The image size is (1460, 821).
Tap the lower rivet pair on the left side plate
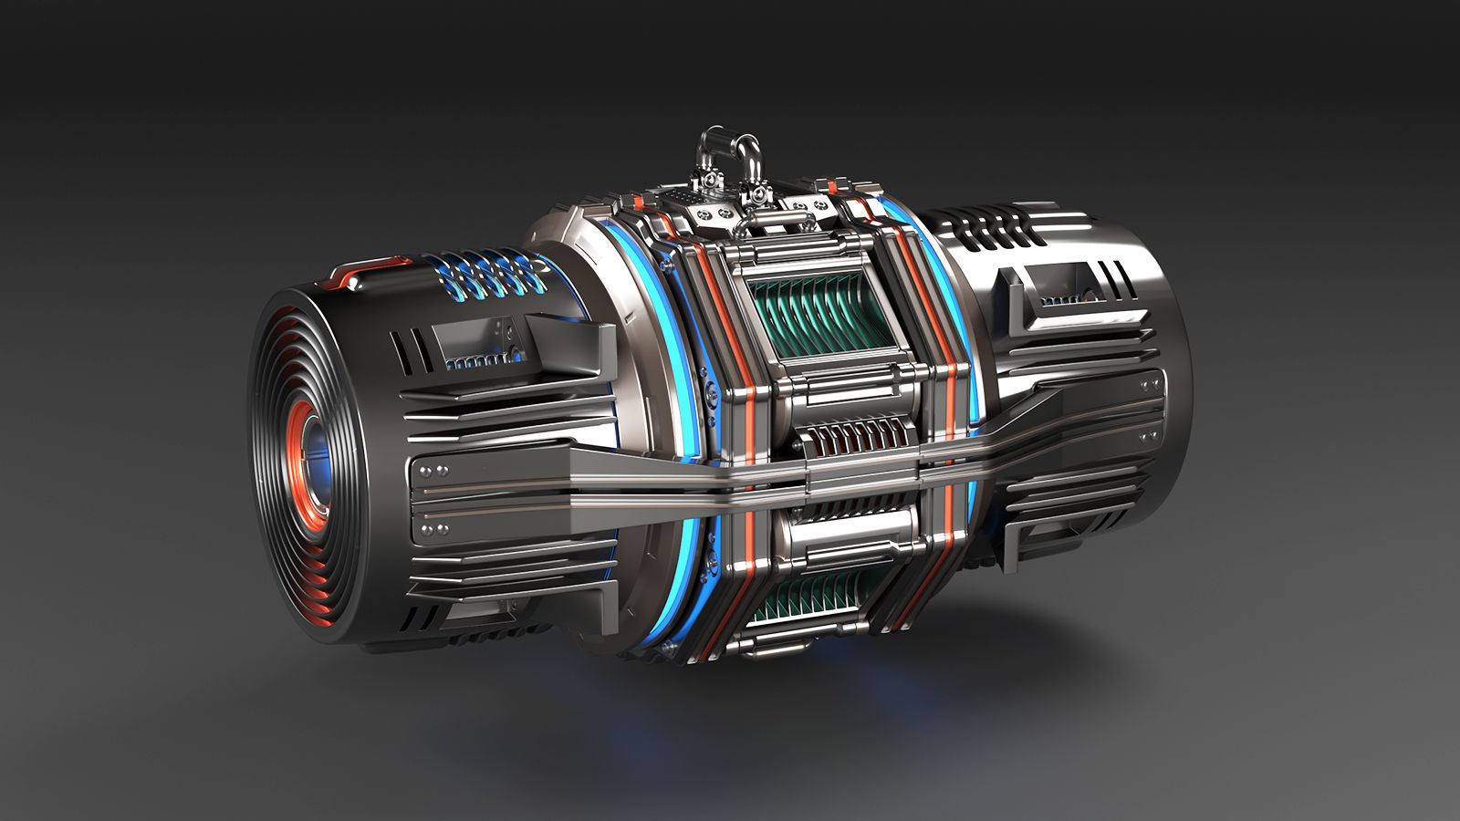tap(433, 529)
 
